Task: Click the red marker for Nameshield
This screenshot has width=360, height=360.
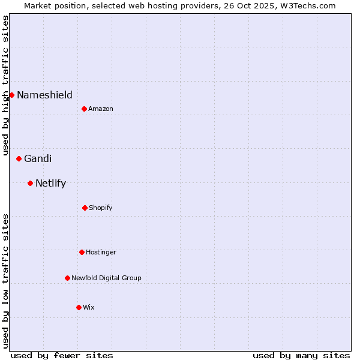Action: (11, 95)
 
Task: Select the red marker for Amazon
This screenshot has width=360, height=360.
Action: (84, 109)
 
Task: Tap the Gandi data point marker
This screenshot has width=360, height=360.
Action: (19, 158)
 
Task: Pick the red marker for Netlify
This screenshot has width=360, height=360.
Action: (30, 183)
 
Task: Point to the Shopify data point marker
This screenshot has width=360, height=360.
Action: (85, 208)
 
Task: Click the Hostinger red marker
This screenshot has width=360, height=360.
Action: (82, 252)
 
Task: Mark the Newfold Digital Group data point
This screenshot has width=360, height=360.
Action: (67, 278)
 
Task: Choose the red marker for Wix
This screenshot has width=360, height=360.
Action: (79, 307)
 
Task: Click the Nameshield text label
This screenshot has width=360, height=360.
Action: (44, 95)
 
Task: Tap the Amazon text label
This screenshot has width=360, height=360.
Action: (100, 109)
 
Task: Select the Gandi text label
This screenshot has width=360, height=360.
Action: (38, 158)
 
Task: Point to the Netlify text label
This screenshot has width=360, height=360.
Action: (50, 183)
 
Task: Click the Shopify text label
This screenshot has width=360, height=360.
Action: (100, 208)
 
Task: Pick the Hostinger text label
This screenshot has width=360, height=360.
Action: (101, 252)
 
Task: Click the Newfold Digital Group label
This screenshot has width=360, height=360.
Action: (106, 278)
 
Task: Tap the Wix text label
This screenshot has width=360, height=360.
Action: (88, 307)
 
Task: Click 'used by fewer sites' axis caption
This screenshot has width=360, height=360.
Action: (62, 355)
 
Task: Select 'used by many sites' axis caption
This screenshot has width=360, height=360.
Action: (301, 355)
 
